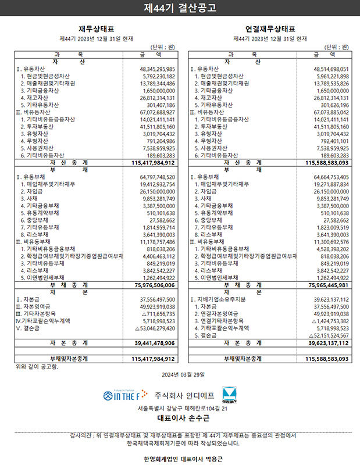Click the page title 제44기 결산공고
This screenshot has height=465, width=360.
[180, 8]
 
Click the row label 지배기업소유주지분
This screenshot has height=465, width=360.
[224, 299]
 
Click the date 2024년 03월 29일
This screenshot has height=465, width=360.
[180, 374]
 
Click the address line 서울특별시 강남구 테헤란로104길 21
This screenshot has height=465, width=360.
[180, 409]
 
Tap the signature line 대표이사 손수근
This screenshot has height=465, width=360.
[180, 419]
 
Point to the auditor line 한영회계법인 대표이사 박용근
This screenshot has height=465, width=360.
[180, 459]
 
